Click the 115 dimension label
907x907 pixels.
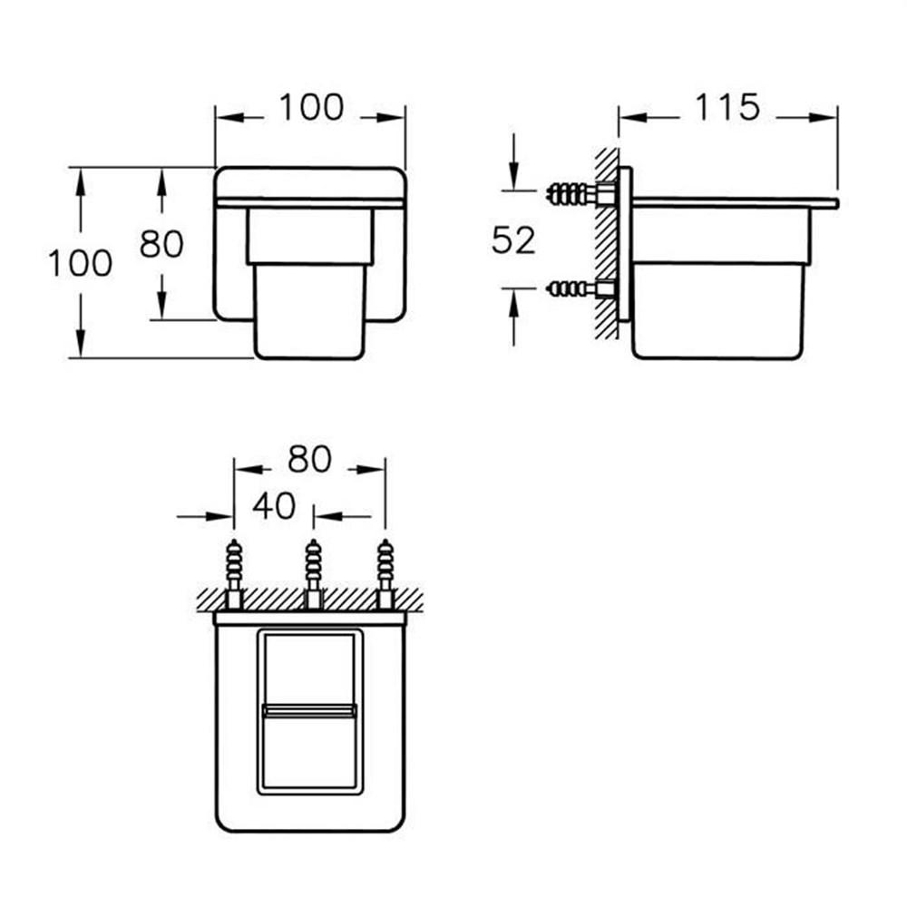(727, 108)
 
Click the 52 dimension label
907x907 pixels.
(513, 240)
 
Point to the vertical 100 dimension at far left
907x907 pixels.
(80, 263)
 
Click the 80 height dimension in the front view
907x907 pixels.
(161, 243)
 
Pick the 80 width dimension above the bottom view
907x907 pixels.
(309, 459)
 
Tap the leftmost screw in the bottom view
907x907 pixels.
(234, 573)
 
